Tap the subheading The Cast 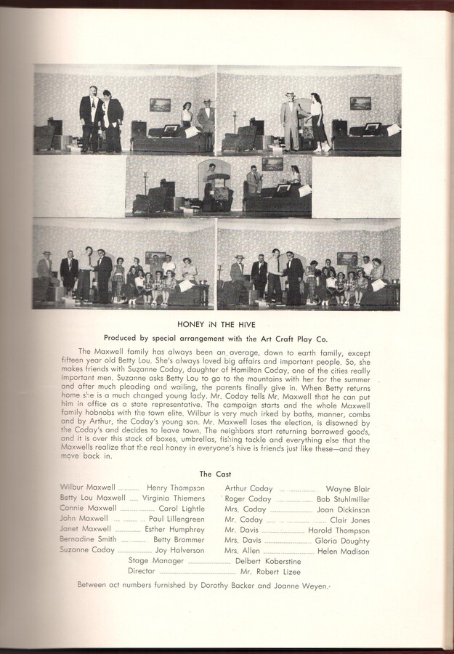pos(216,473)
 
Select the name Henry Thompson pos(175,488)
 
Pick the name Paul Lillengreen pos(177,520)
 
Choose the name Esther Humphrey pos(174,530)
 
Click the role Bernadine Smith pos(87,540)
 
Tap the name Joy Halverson pos(179,551)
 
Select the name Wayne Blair pos(347,489)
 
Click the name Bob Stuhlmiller pos(343,499)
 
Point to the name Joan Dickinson pos(343,509)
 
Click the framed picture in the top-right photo pos(360,103)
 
